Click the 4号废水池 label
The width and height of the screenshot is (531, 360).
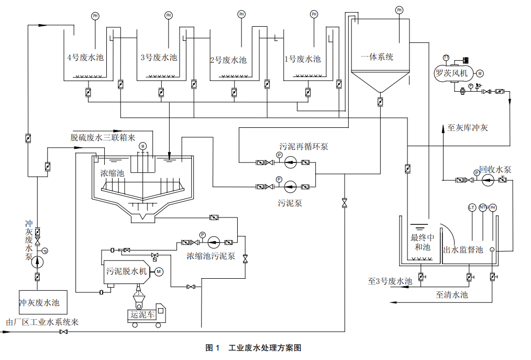[x=85, y=58]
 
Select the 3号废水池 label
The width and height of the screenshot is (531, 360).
[x=159, y=58]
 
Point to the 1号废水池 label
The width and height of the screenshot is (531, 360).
[x=302, y=59]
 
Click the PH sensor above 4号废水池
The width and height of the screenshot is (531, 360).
[x=95, y=16]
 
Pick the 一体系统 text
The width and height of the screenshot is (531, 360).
[x=377, y=57]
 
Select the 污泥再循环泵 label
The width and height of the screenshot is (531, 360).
[x=304, y=146]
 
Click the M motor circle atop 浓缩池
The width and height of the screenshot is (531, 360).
[x=143, y=145]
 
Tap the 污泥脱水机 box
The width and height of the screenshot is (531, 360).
[x=126, y=271]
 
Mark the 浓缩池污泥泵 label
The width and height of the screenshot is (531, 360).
[x=211, y=256]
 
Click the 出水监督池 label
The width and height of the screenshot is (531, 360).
[x=463, y=250]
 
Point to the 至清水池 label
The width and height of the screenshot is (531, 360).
[x=451, y=295]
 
